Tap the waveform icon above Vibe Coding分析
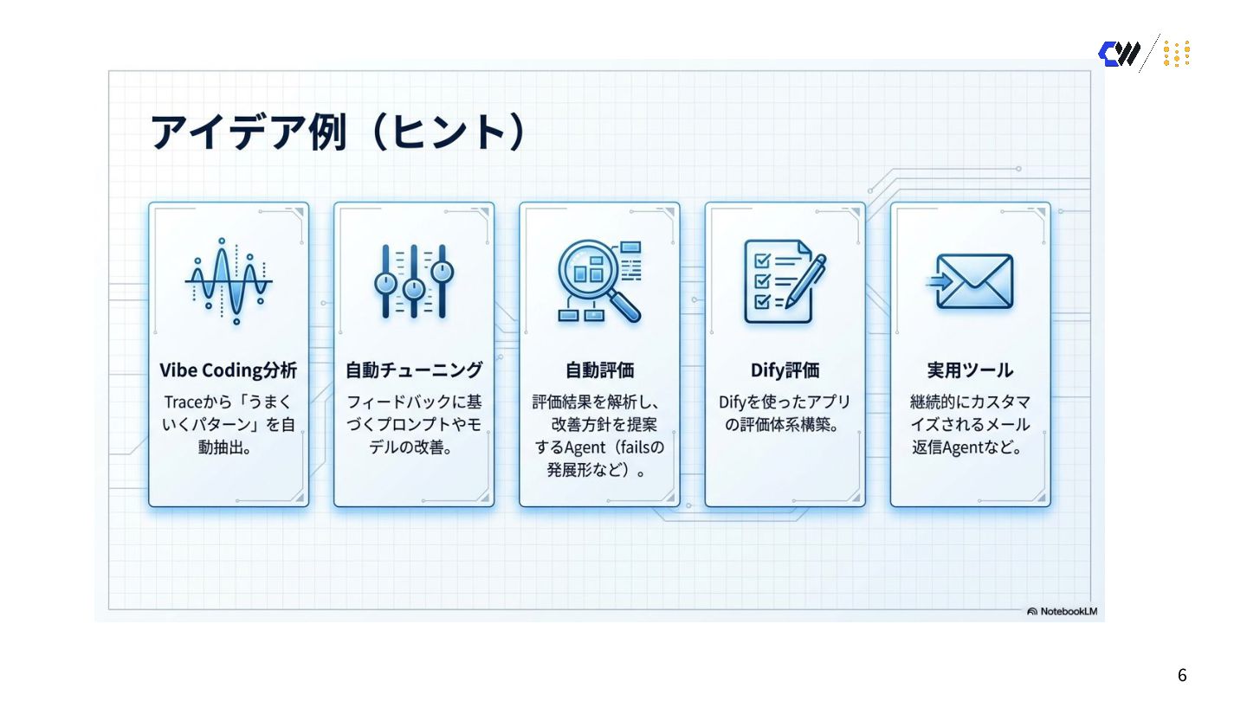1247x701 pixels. click(x=229, y=282)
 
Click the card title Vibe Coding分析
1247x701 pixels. click(x=229, y=370)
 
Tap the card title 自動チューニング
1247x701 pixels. click(x=414, y=370)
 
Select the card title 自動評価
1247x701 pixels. click(x=599, y=370)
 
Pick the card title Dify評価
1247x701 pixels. click(x=784, y=370)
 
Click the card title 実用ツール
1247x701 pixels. click(x=970, y=370)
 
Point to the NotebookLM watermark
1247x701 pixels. click(x=1062, y=611)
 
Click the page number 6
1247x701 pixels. click(x=1182, y=675)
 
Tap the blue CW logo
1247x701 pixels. click(x=1119, y=54)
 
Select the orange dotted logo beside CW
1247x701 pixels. click(x=1176, y=54)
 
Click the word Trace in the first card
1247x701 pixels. click(x=184, y=402)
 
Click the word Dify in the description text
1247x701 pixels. click(x=733, y=402)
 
